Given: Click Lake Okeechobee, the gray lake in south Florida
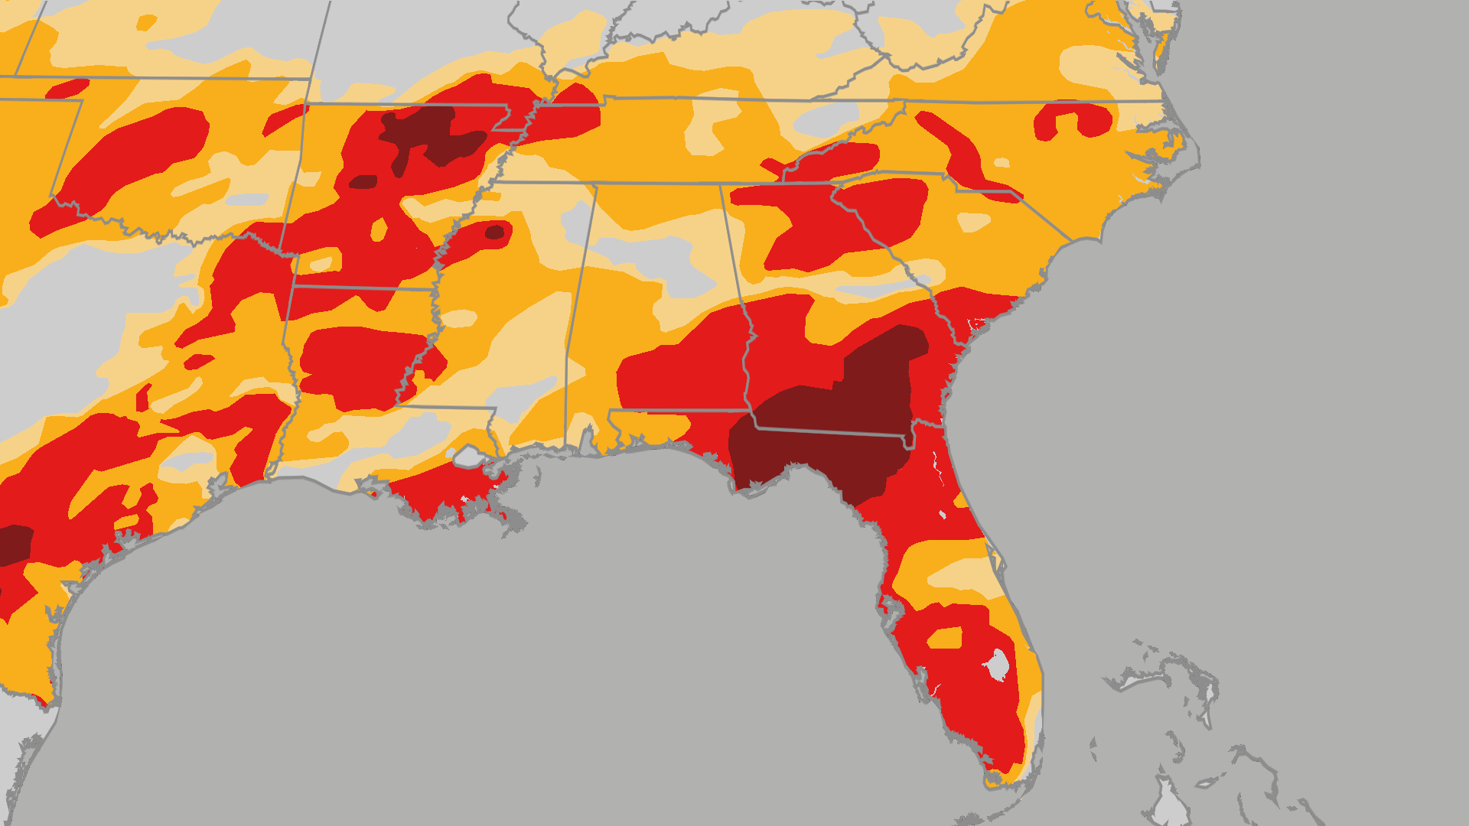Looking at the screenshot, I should [997, 665].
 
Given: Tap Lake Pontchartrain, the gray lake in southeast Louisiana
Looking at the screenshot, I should [469, 457].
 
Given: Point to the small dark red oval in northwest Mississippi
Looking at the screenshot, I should [495, 232].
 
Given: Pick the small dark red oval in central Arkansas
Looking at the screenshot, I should [363, 182].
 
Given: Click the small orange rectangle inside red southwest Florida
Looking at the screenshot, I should [946, 638].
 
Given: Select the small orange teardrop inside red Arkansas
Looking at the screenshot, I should [379, 229].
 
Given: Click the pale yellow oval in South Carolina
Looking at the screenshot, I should [973, 223].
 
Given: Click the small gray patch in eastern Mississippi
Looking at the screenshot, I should [520, 398].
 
